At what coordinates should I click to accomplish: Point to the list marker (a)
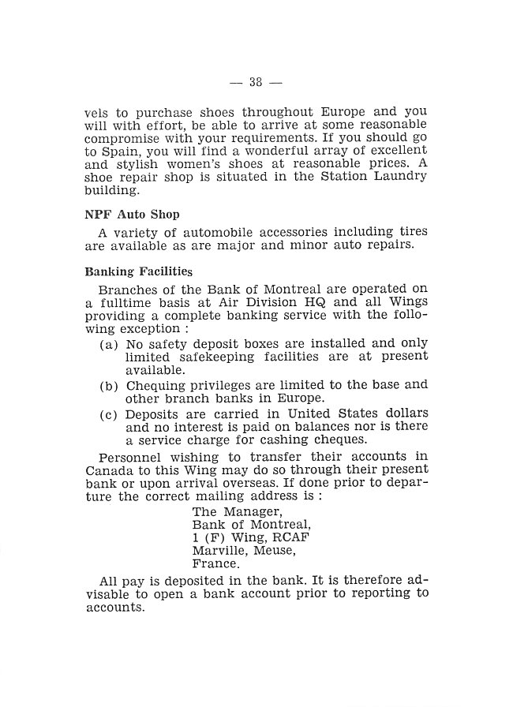coord(110,345)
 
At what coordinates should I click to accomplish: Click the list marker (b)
coord(110,386)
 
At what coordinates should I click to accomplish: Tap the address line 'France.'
coord(216,563)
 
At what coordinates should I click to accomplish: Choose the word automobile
coord(213,231)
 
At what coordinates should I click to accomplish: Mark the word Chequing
coord(159,386)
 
